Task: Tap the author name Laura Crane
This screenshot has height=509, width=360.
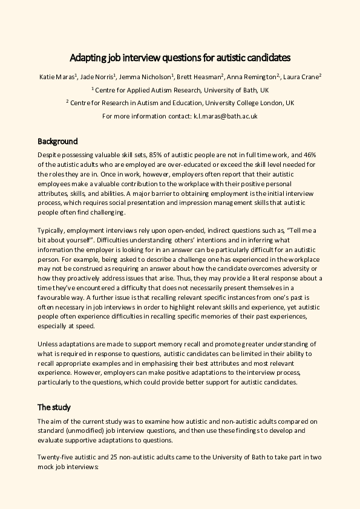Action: click(x=302, y=76)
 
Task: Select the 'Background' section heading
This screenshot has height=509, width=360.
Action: click(x=57, y=141)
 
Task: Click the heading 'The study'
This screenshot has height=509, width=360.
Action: click(x=54, y=406)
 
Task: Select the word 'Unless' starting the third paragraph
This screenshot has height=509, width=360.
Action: click(x=47, y=344)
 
